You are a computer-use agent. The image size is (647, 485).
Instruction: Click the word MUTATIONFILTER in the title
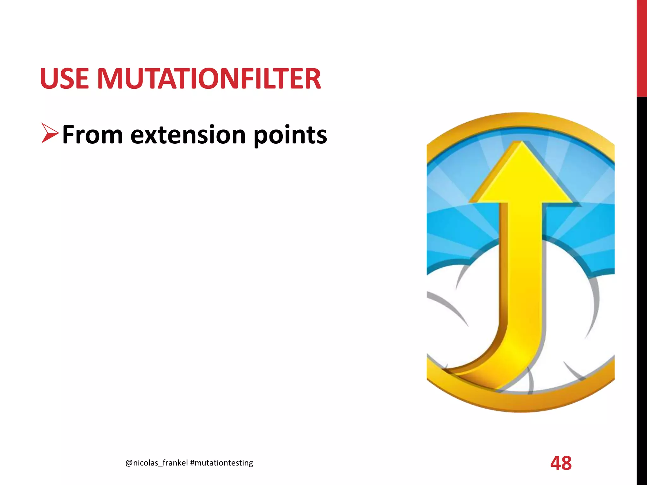click(x=209, y=79)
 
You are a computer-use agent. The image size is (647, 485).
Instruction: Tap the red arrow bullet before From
click(x=50, y=134)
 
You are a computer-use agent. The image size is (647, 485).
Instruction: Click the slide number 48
click(x=561, y=463)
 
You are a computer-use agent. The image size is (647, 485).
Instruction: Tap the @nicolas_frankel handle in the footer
click(x=156, y=463)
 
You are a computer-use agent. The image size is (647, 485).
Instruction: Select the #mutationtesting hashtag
click(x=221, y=463)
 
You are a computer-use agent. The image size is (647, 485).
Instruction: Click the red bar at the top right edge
click(x=642, y=47)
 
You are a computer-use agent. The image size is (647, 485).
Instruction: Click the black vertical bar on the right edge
click(x=642, y=284)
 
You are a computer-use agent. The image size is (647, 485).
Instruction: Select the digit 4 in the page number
click(x=555, y=463)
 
